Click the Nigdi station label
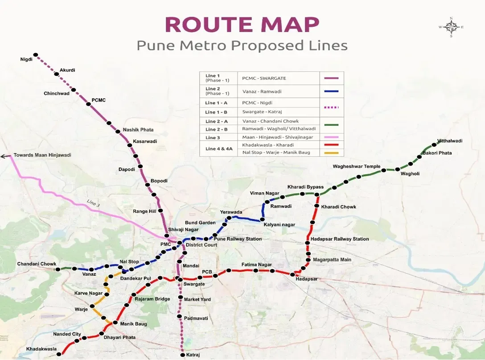(x=27, y=59)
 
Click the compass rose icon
(x=451, y=27)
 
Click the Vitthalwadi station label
(x=449, y=141)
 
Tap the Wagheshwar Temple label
(x=357, y=166)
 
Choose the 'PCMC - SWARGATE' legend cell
(x=264, y=79)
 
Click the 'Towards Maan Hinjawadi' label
(x=42, y=155)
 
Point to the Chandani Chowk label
(x=37, y=264)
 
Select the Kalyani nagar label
(x=279, y=225)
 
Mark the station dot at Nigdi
(x=36, y=55)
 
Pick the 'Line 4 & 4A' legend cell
(x=219, y=149)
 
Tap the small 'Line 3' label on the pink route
(x=94, y=203)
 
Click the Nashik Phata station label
(x=138, y=130)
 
